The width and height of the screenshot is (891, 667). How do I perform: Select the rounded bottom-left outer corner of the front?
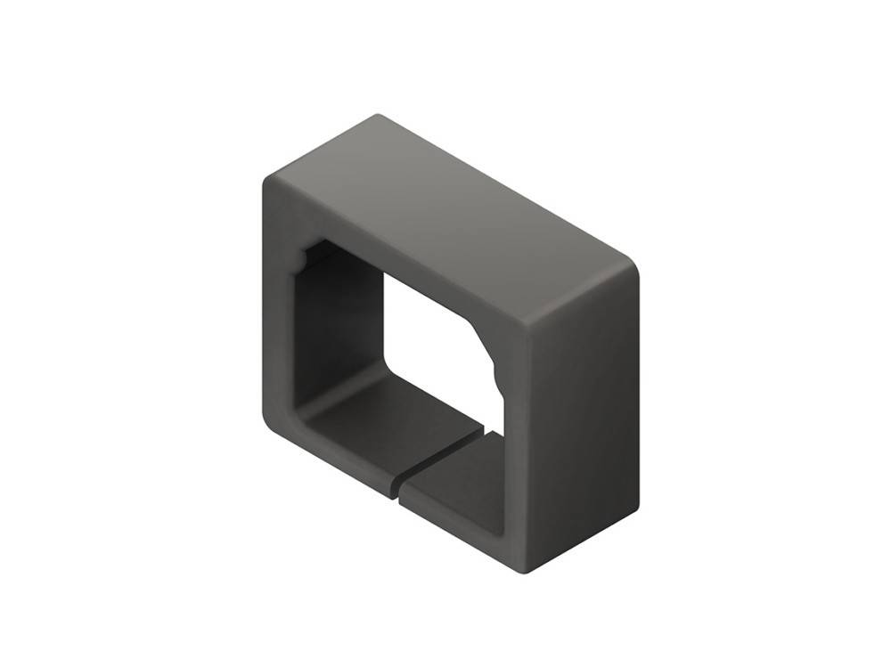pyautogui.click(x=271, y=424)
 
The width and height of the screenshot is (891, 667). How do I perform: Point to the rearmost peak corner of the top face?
pyautogui.click(x=379, y=115)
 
